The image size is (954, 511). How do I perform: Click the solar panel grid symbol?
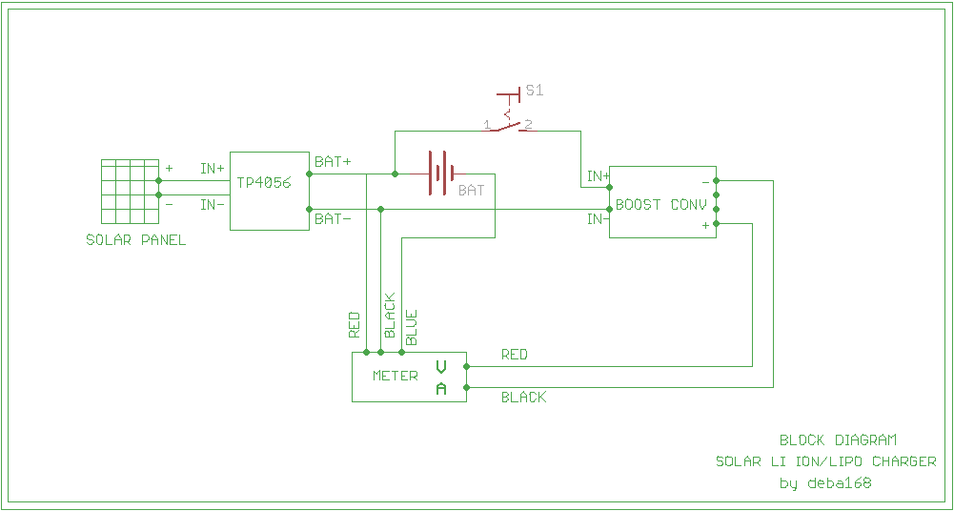pos(130,191)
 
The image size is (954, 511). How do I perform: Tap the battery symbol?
pos(438,174)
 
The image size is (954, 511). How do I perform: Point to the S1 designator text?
pos(535,91)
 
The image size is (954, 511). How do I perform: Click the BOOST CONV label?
pos(661,205)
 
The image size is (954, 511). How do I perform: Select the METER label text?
pos(396,376)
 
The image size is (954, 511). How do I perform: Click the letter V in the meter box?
pos(441,366)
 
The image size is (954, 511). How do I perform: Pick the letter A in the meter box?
pos(441,388)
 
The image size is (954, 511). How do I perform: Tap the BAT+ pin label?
pos(333,162)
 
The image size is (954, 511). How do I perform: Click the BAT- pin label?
pos(333,219)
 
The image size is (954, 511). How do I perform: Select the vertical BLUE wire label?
pos(412,327)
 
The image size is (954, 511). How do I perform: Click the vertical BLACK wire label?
pos(389,316)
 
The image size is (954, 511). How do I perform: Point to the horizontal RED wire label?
pos(515,355)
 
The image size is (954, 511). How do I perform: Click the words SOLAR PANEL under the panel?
pos(136,240)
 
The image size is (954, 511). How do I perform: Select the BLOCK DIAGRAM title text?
pos(838,440)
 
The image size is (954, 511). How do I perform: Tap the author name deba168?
pos(839,483)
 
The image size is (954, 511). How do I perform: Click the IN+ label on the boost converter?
pos(598,176)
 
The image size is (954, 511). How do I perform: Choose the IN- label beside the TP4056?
pos(212,204)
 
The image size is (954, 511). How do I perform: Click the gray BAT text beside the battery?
pos(471,191)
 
